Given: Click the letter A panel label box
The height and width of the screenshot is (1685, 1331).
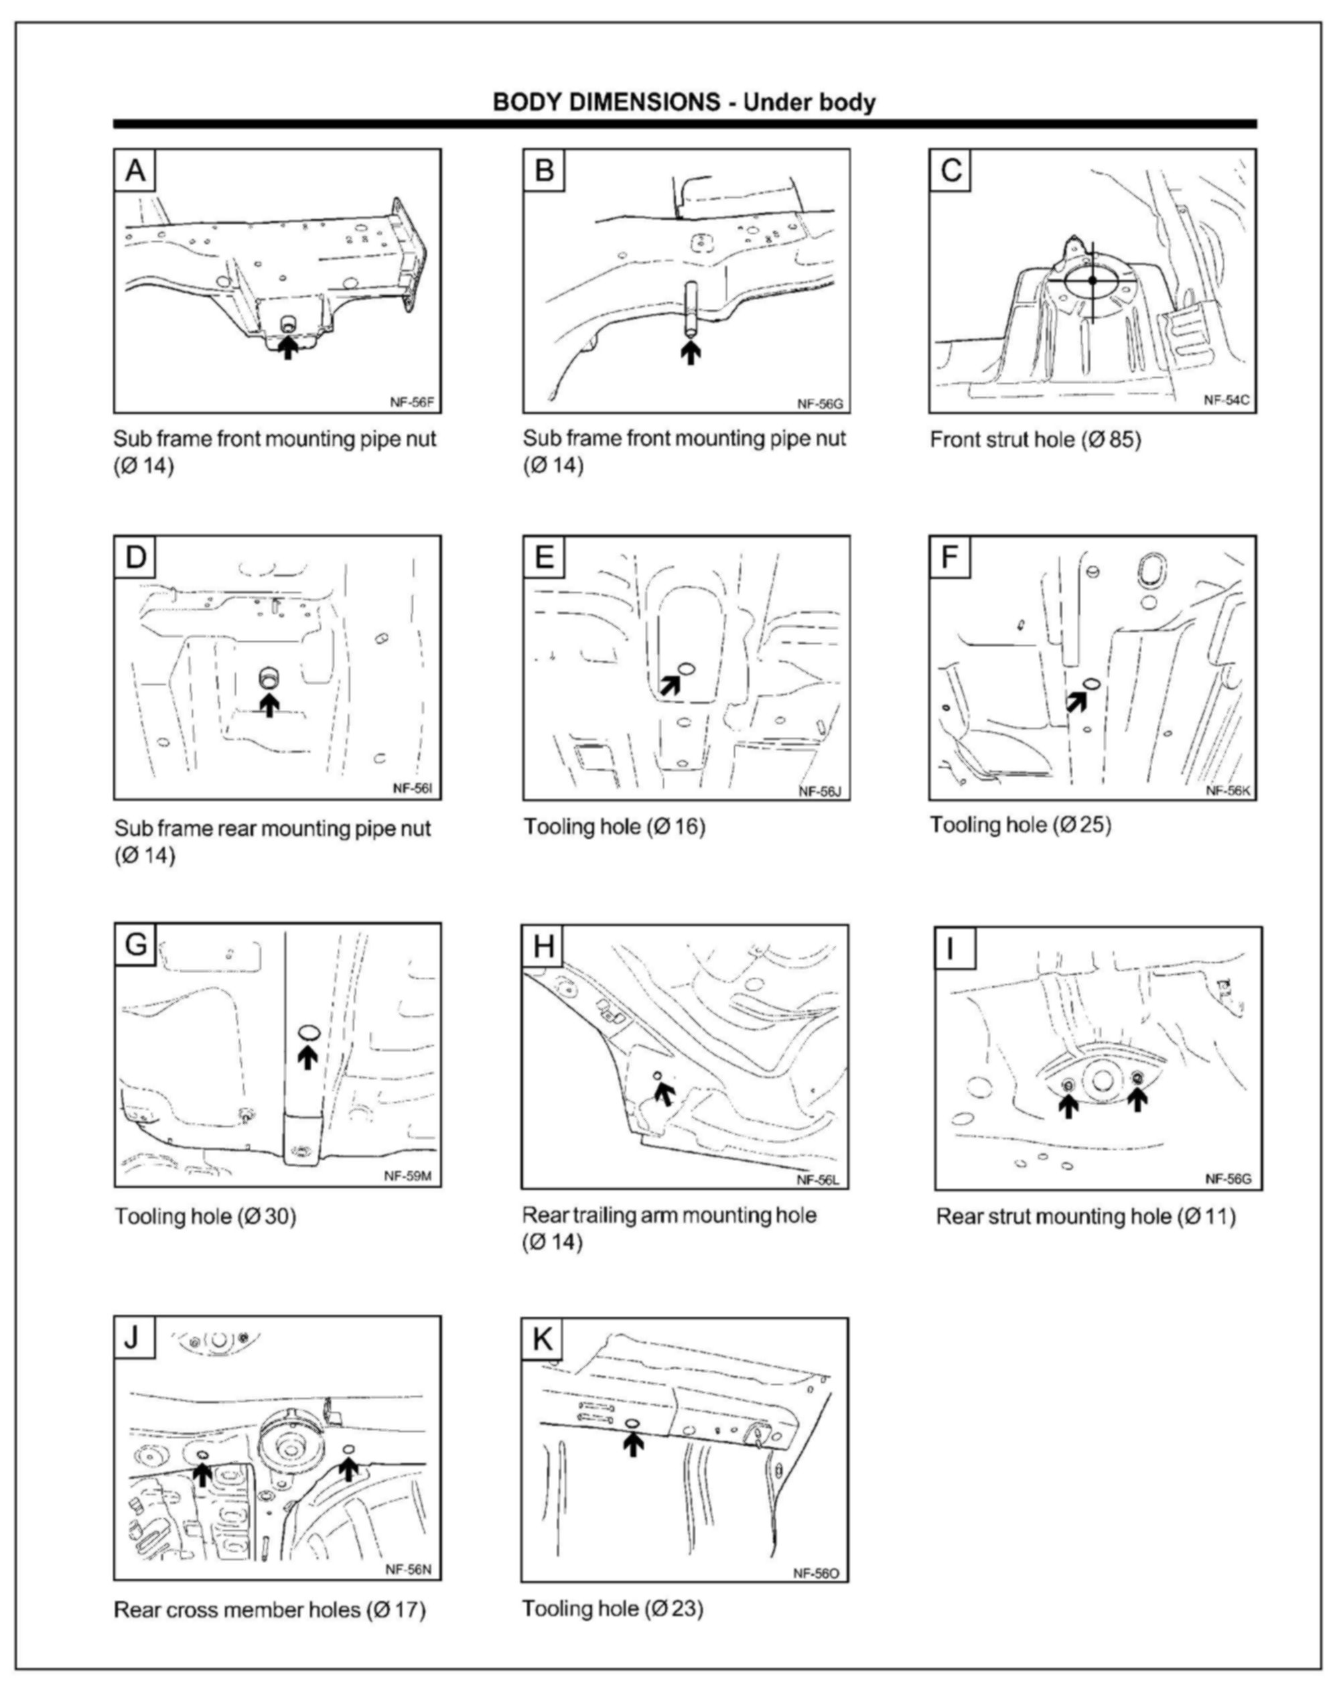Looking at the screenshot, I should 135,170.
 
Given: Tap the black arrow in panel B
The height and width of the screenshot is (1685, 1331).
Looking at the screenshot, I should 690,352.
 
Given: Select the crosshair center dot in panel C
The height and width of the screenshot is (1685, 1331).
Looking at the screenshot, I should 1093,280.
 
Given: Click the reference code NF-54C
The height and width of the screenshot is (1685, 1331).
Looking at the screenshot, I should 1227,400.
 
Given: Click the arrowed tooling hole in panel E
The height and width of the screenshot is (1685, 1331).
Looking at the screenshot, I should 687,668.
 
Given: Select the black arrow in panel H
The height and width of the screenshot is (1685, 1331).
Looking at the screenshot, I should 663,1093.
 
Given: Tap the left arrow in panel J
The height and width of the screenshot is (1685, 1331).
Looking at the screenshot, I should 202,1474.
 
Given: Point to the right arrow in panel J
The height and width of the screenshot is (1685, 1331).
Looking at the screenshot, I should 348,1469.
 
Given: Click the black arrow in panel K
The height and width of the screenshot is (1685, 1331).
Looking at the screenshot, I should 634,1444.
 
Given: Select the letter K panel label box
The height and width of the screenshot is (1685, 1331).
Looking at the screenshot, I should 543,1339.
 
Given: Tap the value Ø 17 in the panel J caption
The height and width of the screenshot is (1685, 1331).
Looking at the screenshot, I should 397,1609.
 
